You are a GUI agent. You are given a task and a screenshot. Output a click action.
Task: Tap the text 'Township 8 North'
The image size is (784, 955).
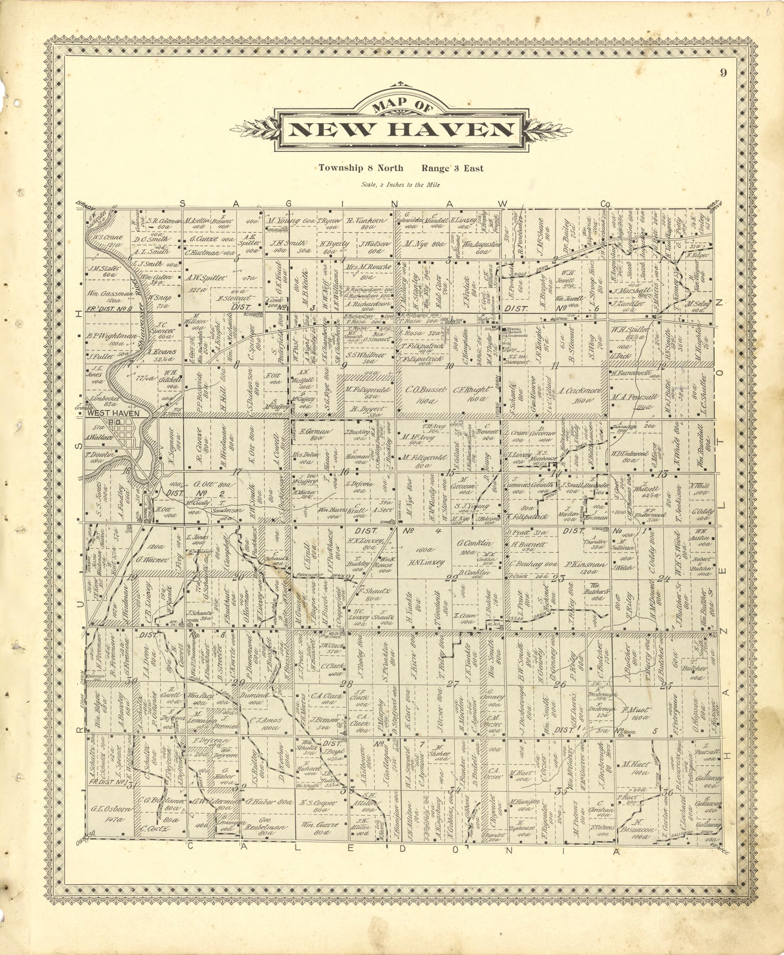[361, 168]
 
